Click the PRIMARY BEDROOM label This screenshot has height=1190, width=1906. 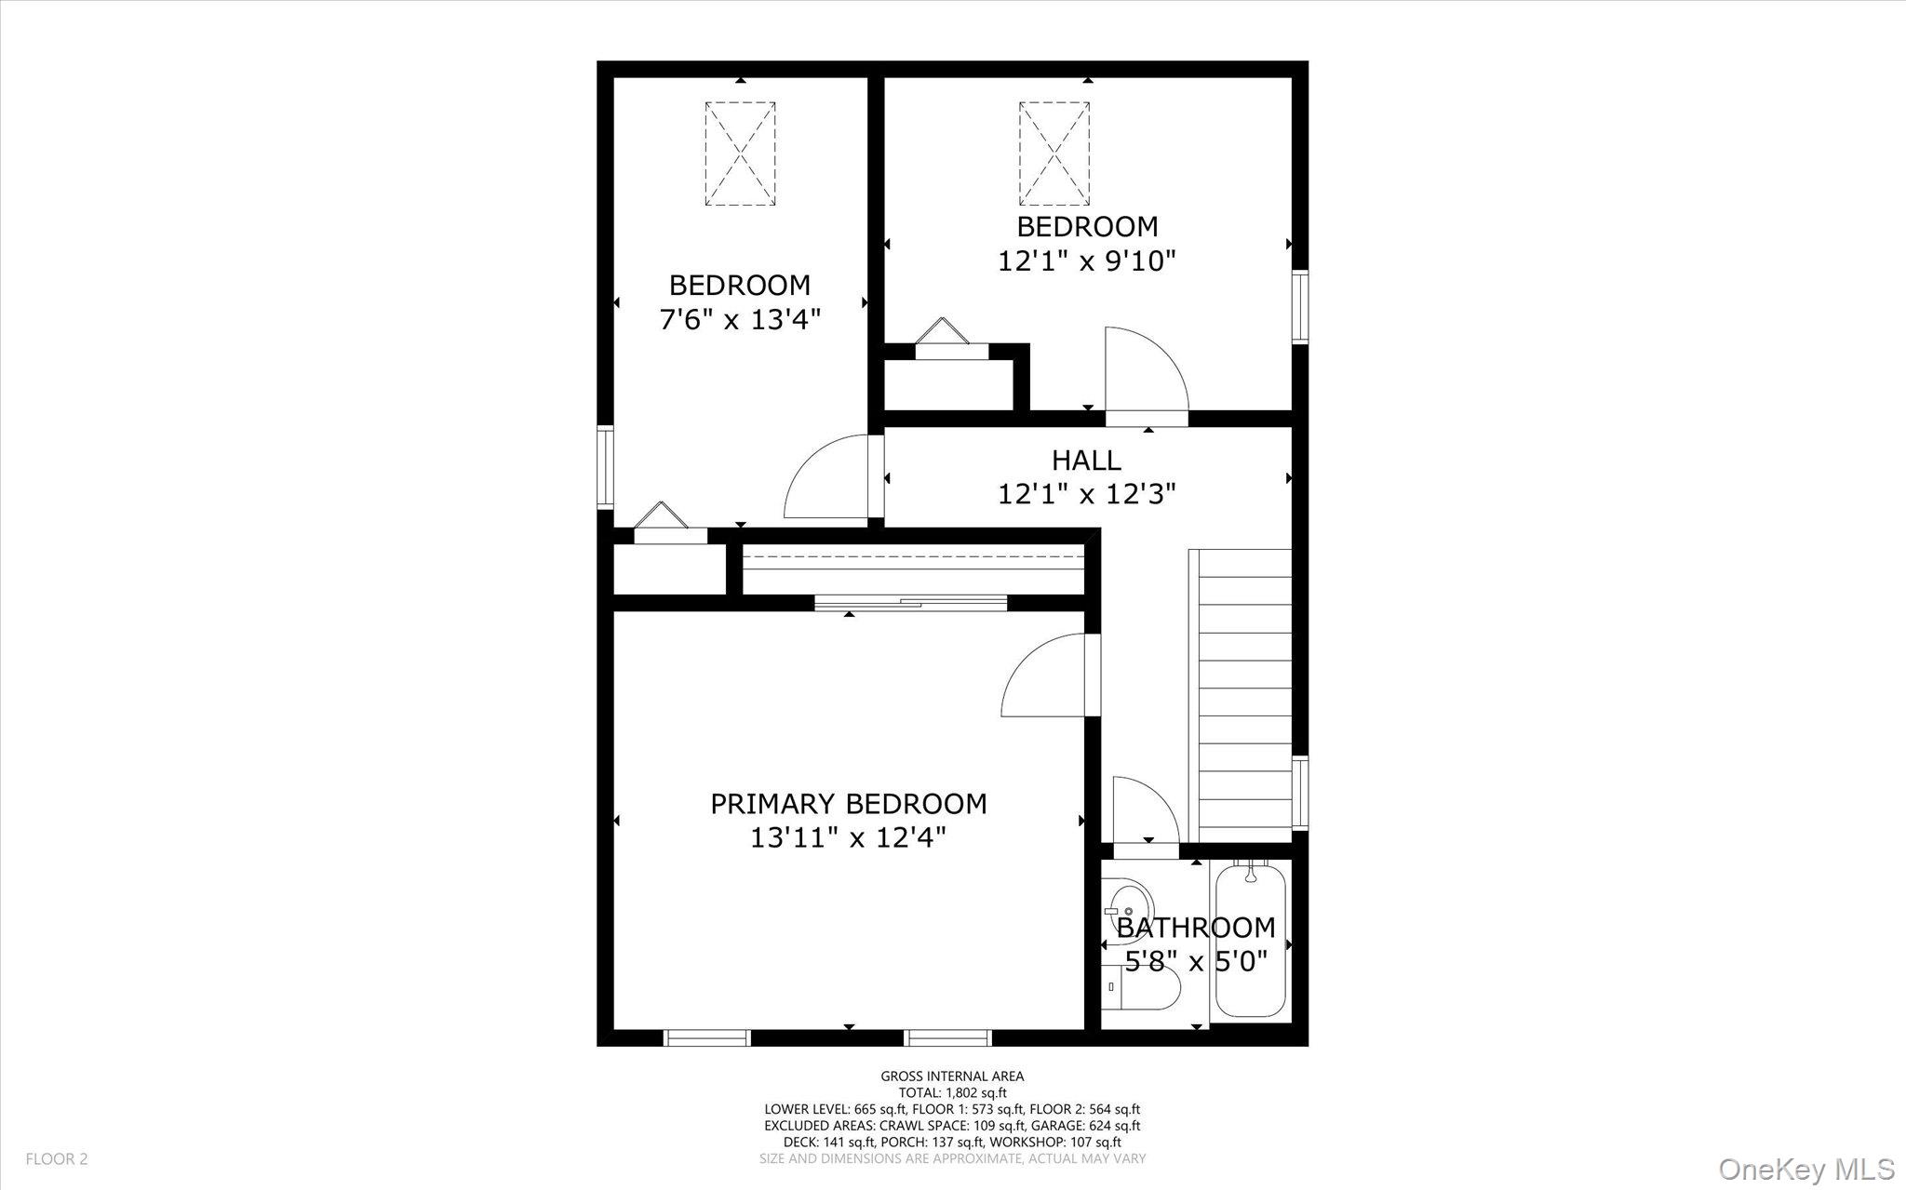848,803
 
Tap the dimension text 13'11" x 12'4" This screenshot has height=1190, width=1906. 848,837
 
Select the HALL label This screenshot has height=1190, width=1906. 1086,460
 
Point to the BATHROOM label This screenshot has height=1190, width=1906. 1195,927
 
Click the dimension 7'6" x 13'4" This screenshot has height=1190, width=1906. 740,319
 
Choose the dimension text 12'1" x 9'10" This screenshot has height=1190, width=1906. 1086,261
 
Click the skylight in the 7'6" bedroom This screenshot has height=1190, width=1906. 740,154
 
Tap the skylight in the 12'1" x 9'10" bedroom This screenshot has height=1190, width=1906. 1054,154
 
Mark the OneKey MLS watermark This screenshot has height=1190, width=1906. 1805,1168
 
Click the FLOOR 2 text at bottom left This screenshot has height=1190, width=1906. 57,1159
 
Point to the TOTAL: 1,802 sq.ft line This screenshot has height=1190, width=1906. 952,1093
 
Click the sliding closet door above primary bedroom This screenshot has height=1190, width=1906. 910,602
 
